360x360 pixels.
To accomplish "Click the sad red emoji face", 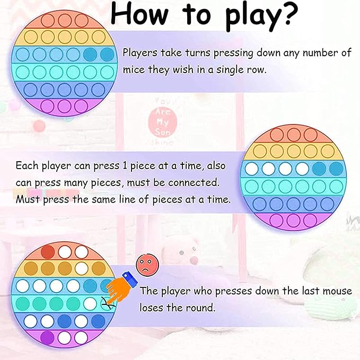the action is (147, 265).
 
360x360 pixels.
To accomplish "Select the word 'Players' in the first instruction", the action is (140, 53).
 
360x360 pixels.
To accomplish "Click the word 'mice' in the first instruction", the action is (134, 69).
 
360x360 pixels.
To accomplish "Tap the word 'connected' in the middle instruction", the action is (194, 182).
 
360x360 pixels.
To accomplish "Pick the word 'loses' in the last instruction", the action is (152, 308).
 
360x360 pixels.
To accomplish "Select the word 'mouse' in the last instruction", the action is (337, 291).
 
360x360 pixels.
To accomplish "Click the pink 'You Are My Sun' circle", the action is (163, 121).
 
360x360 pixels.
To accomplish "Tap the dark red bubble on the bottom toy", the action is (48, 252).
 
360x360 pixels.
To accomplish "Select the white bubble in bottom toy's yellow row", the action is (82, 268).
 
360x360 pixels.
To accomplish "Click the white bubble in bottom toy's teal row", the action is (90, 303).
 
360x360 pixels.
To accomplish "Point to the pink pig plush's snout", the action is (194, 260).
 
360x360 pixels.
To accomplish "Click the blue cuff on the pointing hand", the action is (130, 278).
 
